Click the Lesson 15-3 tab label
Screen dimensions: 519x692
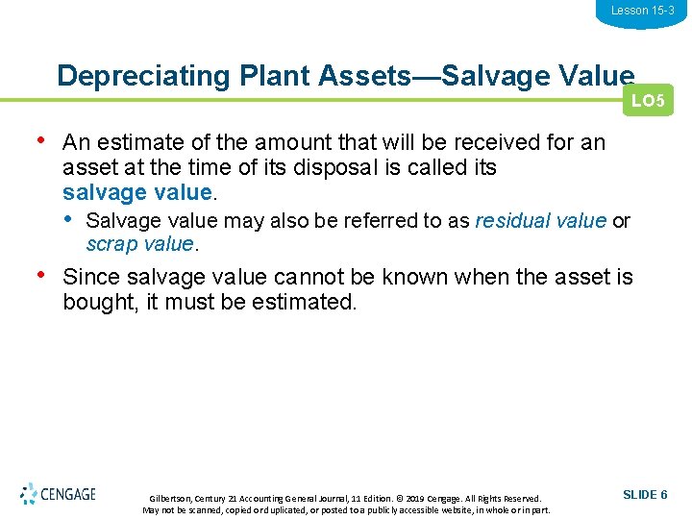coord(642,11)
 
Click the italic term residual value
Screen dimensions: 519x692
coord(541,220)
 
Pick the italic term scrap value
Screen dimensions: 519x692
coord(140,244)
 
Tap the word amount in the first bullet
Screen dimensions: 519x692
coord(284,143)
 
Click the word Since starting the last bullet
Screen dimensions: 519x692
coord(89,278)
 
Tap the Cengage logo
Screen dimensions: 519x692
coord(58,494)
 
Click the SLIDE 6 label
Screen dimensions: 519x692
coord(645,494)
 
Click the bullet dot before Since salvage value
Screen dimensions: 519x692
coord(41,276)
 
